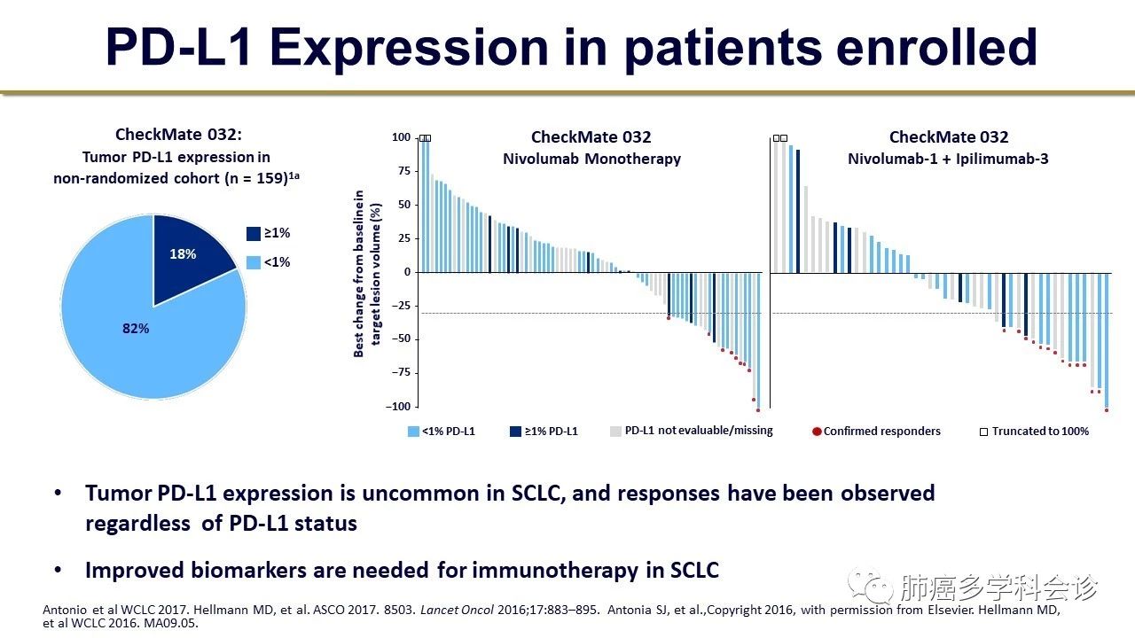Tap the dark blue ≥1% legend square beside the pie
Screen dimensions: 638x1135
[x=254, y=234]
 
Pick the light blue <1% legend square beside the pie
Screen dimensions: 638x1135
[x=254, y=262]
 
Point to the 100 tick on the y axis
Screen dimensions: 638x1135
[x=402, y=138]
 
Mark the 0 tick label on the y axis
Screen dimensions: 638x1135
[x=407, y=272]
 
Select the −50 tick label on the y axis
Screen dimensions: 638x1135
[x=401, y=339]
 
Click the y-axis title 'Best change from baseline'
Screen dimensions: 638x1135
[x=360, y=272]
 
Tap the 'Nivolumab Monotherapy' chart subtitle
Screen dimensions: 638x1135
[x=591, y=159]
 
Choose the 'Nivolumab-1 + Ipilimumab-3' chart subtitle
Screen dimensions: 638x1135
[x=949, y=159]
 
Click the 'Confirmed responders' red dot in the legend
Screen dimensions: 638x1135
[x=816, y=432]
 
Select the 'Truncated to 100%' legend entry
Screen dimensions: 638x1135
[x=1034, y=432]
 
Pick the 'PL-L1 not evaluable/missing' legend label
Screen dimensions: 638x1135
[x=699, y=431]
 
